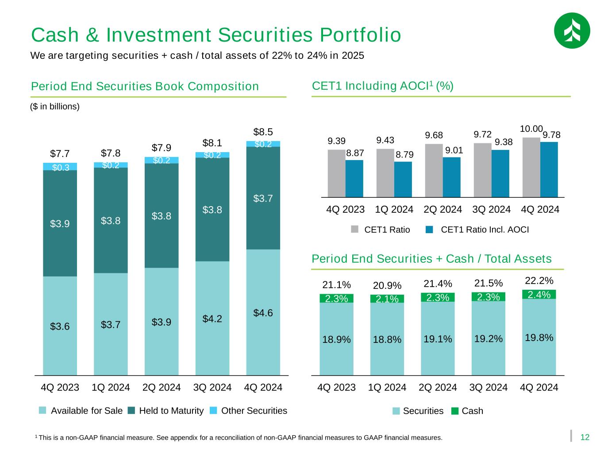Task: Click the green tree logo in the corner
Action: pyautogui.click(x=572, y=31)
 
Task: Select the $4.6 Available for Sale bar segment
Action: pyautogui.click(x=263, y=312)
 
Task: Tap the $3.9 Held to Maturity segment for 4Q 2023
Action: pyautogui.click(x=60, y=223)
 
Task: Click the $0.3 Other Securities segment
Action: pyautogui.click(x=60, y=167)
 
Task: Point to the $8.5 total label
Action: pyautogui.click(x=263, y=132)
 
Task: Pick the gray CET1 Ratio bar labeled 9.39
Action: pyautogui.click(x=336, y=173)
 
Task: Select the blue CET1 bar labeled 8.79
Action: pyautogui.click(x=403, y=179)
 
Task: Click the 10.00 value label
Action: pyautogui.click(x=531, y=129)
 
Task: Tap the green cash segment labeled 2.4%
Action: pyautogui.click(x=539, y=295)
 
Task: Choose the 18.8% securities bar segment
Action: pyautogui.click(x=387, y=339)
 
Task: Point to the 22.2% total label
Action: pyautogui.click(x=539, y=280)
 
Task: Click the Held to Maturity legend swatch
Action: pyautogui.click(x=131, y=411)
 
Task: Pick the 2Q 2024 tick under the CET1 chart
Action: pyautogui.click(x=442, y=209)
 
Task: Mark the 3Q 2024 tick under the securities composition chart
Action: pyautogui.click(x=212, y=388)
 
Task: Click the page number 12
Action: pyautogui.click(x=585, y=438)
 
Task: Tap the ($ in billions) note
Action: pyautogui.click(x=55, y=107)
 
